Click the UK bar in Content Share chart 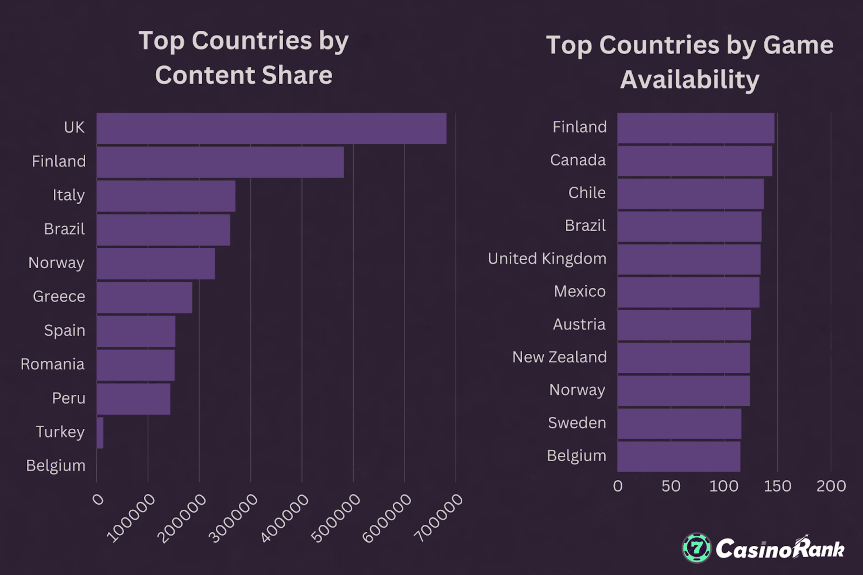[x=271, y=128]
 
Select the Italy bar [x=166, y=196]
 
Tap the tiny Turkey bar [x=100, y=433]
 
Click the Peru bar [x=133, y=399]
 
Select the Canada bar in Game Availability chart [x=694, y=161]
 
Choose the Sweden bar [x=679, y=423]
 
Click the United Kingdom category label [x=547, y=259]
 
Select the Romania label [x=52, y=364]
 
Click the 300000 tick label [x=233, y=518]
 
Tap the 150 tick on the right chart [x=777, y=486]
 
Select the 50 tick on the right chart [x=671, y=486]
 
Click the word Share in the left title [x=297, y=75]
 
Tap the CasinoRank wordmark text [x=780, y=549]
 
